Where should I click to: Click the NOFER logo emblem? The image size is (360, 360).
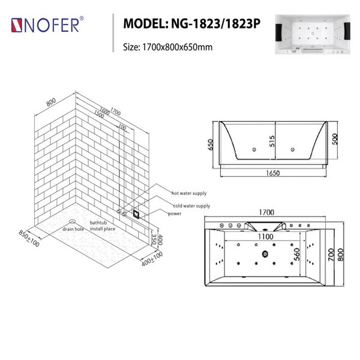17,25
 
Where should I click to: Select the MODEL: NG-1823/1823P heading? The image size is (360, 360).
192,23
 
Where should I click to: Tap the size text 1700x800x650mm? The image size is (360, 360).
177,47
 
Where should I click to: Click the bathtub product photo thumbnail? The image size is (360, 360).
313,34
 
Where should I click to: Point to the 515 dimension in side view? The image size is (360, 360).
272,141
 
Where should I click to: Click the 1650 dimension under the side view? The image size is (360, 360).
273,173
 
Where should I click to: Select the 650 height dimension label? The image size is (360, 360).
211,145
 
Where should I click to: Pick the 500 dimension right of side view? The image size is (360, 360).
335,139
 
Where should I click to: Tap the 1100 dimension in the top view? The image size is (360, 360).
266,236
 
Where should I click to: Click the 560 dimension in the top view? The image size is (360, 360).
297,254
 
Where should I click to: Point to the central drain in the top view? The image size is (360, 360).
265,254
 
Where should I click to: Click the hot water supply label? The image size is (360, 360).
189,193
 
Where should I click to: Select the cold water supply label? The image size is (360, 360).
191,206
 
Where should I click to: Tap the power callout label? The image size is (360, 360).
175,214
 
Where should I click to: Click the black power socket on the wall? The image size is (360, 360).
136,214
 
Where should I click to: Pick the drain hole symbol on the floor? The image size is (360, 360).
72,221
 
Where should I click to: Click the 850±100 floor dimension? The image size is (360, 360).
29,238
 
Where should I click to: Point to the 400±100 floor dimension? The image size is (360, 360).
152,259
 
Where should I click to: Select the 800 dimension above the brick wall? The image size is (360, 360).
51,102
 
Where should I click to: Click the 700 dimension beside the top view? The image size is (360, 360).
331,254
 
